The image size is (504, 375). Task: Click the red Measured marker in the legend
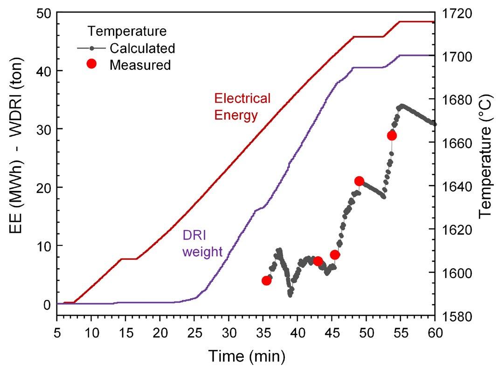click(91, 64)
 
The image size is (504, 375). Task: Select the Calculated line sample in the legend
click(92, 48)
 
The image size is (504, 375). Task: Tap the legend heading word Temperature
click(127, 32)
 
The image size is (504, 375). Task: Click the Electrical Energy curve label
click(242, 107)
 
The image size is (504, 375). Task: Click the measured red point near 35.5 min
click(267, 280)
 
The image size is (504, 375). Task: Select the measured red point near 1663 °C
click(392, 136)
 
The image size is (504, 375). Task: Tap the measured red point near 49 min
click(359, 181)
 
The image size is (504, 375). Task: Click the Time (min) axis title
click(246, 356)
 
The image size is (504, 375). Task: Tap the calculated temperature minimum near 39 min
click(290, 295)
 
